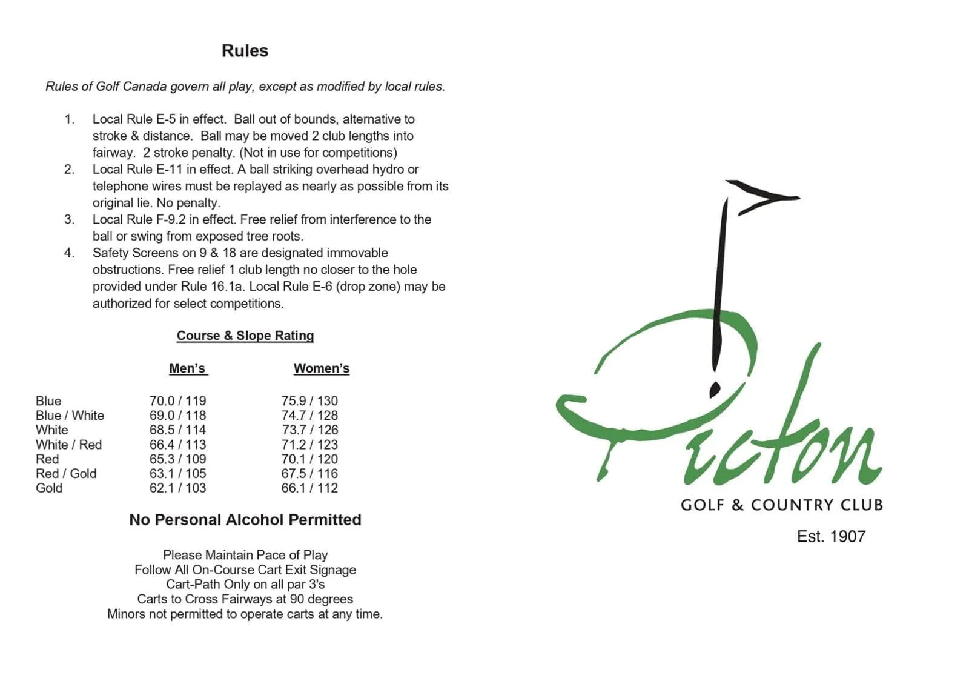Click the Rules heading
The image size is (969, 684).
245,51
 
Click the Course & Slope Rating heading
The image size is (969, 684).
245,336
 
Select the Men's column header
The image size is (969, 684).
188,368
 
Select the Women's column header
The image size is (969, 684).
321,368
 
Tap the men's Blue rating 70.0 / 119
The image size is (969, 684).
177,401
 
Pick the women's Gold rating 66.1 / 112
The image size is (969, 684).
309,488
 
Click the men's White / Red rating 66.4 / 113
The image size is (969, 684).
177,445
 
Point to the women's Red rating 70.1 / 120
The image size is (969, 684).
309,459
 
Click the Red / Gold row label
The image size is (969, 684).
66,474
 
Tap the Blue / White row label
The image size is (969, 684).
70,416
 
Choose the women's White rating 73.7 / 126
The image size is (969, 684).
309,430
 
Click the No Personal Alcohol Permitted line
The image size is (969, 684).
245,520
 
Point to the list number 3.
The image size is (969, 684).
70,219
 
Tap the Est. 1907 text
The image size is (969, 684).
831,537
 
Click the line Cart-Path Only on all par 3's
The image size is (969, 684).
245,585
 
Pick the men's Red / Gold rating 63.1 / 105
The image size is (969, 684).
177,474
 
